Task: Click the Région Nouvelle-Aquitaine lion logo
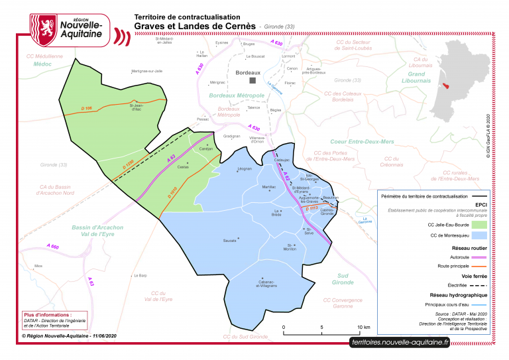click(x=44, y=27)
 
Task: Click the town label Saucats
click(x=229, y=240)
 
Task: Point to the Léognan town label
click(x=245, y=169)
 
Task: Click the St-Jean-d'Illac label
click(x=136, y=107)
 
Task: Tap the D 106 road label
click(x=86, y=107)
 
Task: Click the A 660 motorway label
click(x=53, y=247)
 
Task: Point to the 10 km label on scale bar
click(x=363, y=328)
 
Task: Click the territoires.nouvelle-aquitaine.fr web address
click(x=400, y=343)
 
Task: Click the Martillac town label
click(x=268, y=188)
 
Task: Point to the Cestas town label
click(x=183, y=167)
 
